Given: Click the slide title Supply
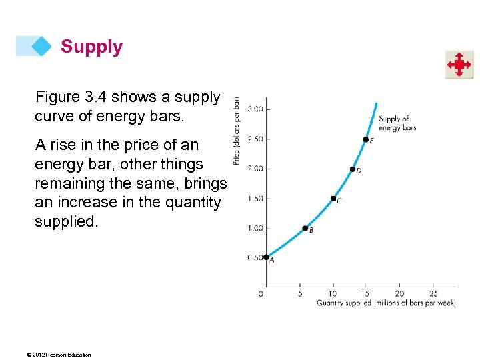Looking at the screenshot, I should [x=91, y=47].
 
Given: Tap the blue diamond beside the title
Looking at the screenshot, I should [x=41, y=46].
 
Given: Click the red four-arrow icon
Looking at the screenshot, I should [x=459, y=65].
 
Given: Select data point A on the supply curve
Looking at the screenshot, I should [x=266, y=257].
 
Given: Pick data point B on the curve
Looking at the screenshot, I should [x=305, y=228].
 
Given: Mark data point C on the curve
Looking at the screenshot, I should [x=333, y=198].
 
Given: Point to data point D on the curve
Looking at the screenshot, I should [x=353, y=169].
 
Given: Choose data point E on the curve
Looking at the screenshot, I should [x=365, y=139].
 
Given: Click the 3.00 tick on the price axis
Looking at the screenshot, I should [x=255, y=109].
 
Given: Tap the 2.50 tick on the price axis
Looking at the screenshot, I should [x=255, y=139].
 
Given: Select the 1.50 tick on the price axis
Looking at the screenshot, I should [x=255, y=198].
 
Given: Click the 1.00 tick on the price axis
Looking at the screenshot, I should [x=255, y=228].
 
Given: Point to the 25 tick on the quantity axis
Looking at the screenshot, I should [x=433, y=293].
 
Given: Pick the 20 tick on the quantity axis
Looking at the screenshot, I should [x=399, y=293].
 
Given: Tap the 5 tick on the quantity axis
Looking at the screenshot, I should [x=300, y=293].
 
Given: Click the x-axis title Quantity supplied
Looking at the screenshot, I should [x=385, y=303].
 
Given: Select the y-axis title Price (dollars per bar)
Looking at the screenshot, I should [x=237, y=131].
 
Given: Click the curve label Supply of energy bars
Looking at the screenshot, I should [x=397, y=123].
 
